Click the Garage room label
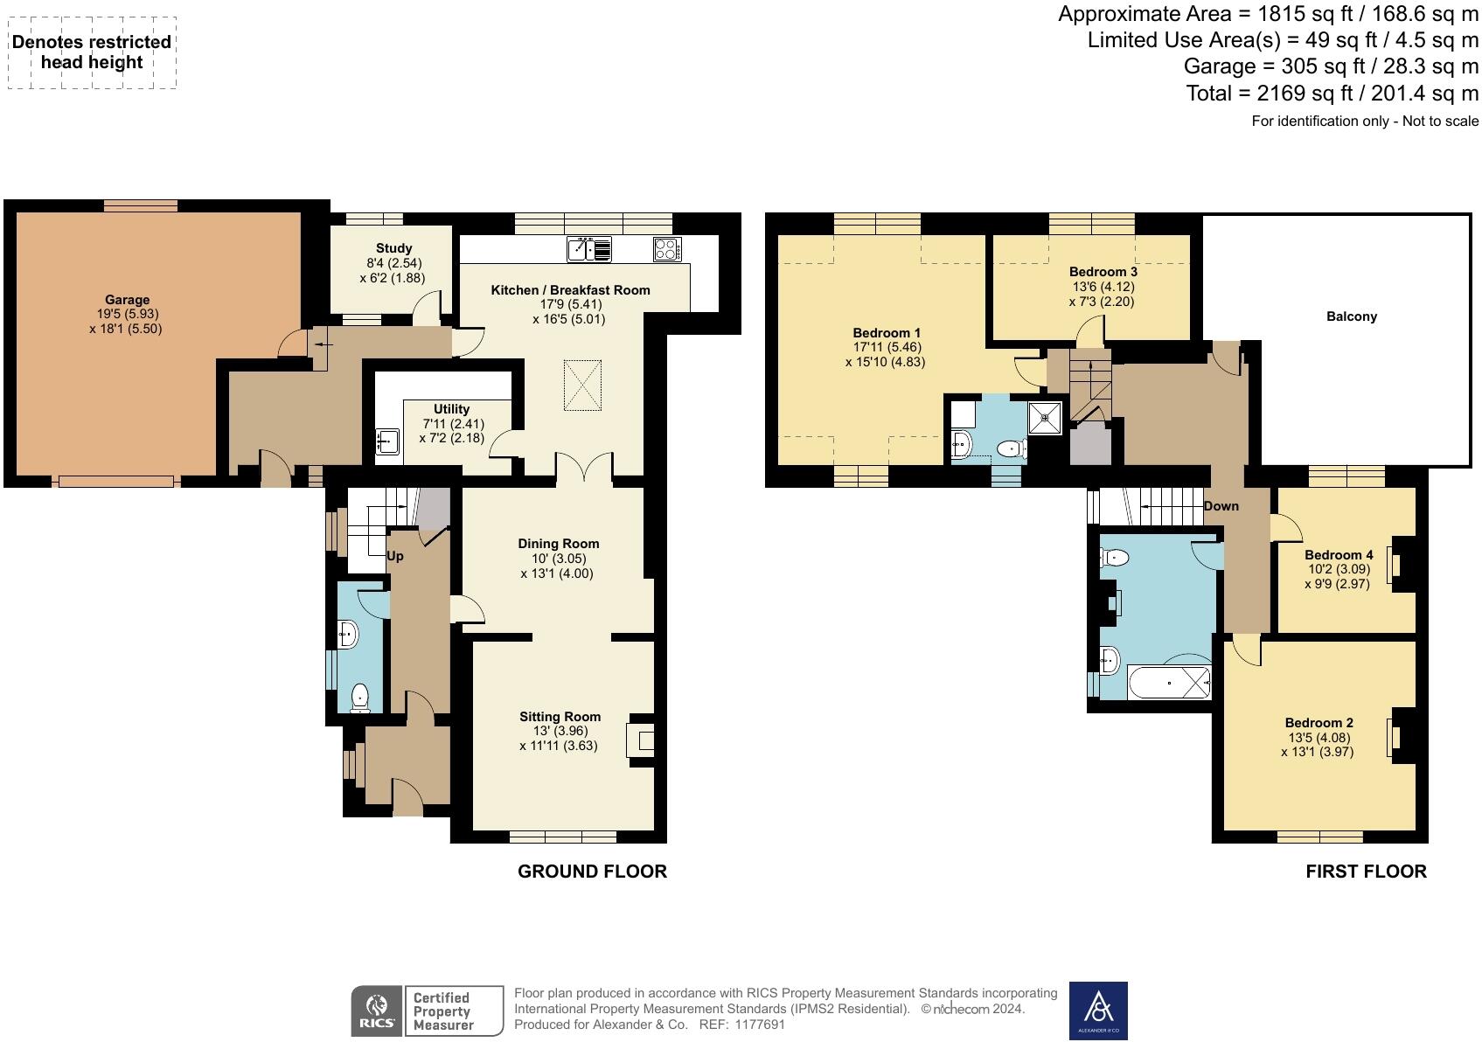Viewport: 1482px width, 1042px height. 128,300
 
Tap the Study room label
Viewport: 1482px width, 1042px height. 393,248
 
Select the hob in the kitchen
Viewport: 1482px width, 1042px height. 667,249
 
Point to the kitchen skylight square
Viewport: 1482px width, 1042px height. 584,386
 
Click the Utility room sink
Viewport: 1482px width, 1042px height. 386,442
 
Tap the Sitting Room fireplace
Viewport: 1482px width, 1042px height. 642,741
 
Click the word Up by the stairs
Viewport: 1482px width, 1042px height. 395,556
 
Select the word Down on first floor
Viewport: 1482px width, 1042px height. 1221,506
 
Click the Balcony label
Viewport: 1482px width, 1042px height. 1351,316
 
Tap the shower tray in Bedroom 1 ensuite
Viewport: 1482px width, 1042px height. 1046,418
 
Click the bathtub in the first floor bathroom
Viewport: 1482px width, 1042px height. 1168,682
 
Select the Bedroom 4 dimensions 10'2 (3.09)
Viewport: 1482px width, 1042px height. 1338,569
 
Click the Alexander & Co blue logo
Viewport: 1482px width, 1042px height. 1098,1011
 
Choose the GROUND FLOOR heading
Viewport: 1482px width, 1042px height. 592,872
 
